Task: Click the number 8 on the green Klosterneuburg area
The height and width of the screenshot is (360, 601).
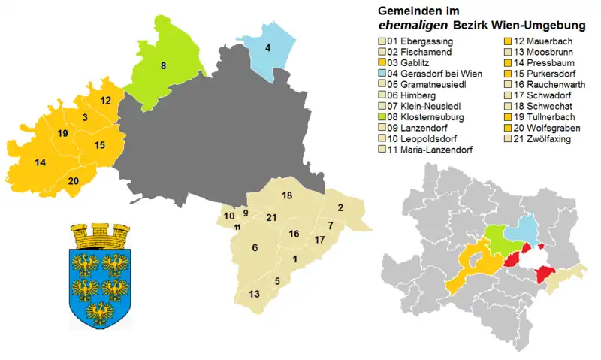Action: (163, 66)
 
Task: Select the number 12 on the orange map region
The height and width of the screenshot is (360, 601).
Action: (105, 100)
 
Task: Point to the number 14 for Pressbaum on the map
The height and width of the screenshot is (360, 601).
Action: (41, 162)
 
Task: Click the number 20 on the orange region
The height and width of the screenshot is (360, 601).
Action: (73, 180)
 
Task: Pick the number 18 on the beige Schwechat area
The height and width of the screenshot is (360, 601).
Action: (286, 195)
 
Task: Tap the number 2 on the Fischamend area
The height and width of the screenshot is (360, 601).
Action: (340, 207)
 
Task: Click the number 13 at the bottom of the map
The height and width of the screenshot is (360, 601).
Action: (255, 293)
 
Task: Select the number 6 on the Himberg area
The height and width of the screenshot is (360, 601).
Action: (255, 248)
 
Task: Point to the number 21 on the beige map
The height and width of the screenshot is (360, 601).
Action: (271, 218)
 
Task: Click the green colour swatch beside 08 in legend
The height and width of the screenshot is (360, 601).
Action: (382, 117)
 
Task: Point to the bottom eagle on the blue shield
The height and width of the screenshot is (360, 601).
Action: (100, 310)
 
